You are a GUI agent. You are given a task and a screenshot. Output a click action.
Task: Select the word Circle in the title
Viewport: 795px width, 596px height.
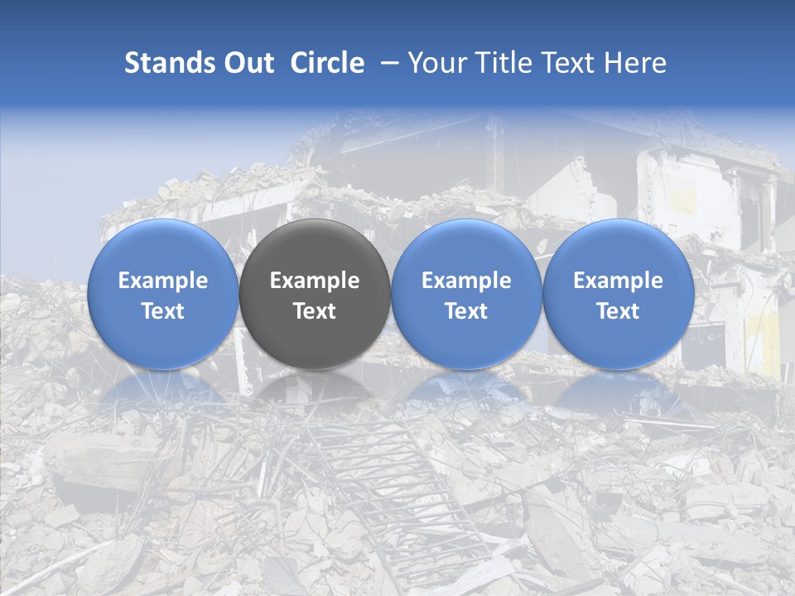[327, 63]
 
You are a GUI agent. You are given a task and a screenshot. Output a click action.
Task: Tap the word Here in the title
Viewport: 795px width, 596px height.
[636, 63]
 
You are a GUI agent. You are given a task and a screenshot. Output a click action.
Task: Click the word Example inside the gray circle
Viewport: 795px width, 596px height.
[315, 281]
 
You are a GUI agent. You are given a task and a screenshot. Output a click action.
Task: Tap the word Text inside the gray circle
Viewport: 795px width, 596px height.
[315, 311]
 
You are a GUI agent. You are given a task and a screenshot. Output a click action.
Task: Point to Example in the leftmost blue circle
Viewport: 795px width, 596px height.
[162, 281]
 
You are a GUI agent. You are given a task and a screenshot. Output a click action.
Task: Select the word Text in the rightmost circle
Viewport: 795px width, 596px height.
[619, 311]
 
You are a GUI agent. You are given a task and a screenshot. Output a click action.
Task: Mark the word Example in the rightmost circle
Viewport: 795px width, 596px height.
[619, 281]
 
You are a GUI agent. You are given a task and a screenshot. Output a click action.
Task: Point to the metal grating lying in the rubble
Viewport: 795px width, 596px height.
[389, 480]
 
